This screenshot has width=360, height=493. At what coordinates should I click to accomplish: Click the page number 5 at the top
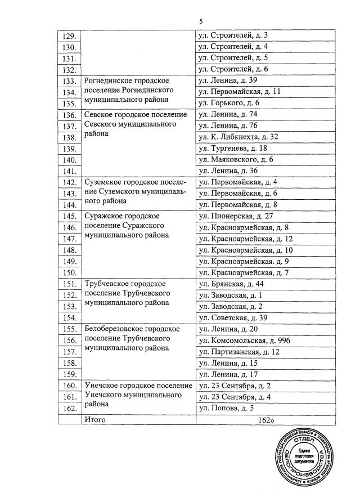pos(200,21)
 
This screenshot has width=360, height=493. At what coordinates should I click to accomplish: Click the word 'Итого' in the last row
pos(94,420)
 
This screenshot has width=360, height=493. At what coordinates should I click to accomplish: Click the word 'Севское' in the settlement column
pos(98,114)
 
